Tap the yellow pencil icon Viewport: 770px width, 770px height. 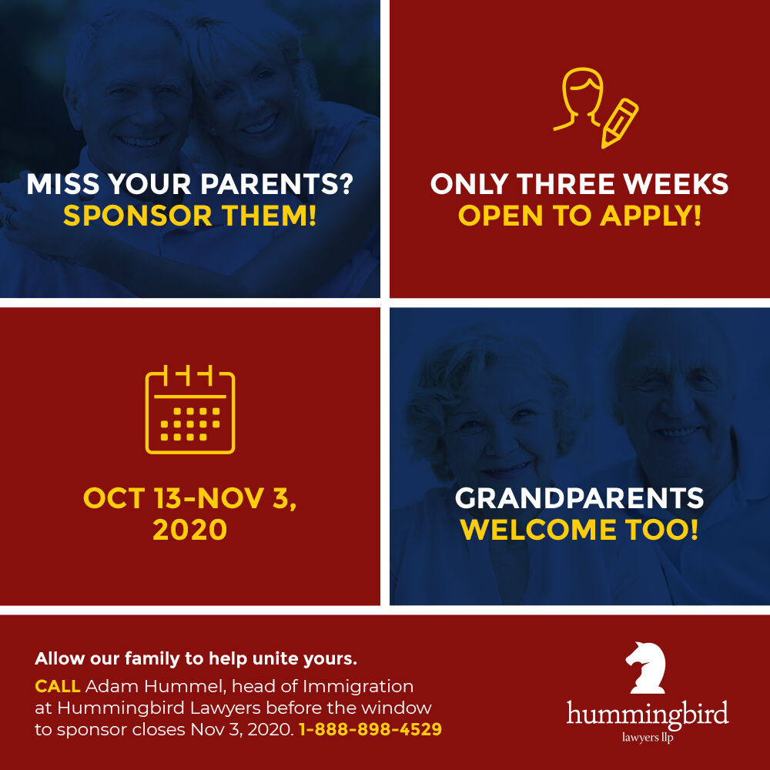click(x=619, y=123)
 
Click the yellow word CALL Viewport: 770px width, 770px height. click(x=58, y=686)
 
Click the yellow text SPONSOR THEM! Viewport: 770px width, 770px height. click(x=190, y=216)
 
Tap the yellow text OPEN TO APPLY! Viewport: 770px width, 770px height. click(x=580, y=216)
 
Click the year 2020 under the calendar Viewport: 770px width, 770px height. click(x=189, y=530)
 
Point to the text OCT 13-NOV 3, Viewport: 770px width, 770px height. click(x=189, y=498)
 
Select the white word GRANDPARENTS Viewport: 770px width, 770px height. click(x=579, y=498)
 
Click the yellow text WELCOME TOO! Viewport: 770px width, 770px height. click(x=579, y=530)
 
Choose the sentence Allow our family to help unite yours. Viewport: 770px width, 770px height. click(x=196, y=659)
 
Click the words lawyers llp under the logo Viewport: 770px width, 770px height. click(x=648, y=737)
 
